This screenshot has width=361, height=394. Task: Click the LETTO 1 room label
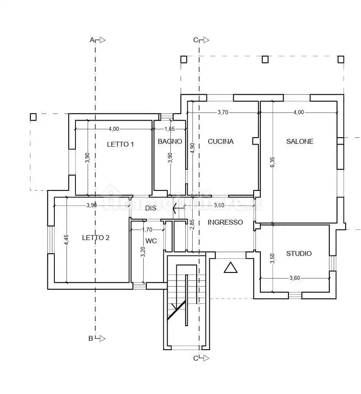tap(120, 144)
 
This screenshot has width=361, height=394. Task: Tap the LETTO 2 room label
tap(96, 238)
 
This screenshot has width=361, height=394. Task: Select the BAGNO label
tap(170, 141)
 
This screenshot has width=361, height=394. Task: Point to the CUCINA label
tap(221, 141)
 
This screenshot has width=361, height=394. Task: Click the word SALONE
tap(300, 141)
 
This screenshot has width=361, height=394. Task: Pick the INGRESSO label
tap(225, 222)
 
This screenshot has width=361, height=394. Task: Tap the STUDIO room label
tap(299, 253)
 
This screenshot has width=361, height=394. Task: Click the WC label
tap(151, 241)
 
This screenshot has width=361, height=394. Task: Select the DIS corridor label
tap(151, 208)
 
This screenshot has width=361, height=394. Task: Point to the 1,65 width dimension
tap(170, 129)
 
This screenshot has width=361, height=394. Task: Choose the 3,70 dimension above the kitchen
tap(223, 113)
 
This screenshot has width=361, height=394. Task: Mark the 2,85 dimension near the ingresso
tap(192, 225)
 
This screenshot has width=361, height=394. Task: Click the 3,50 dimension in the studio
tap(272, 258)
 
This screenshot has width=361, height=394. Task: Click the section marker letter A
tap(92, 40)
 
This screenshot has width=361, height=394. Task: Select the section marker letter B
tap(91, 338)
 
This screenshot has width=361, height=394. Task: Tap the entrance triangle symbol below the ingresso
tap(230, 268)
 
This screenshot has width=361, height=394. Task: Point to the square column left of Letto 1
tap(33, 117)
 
